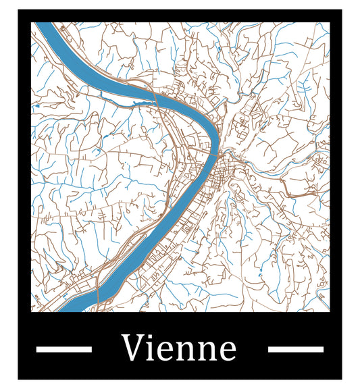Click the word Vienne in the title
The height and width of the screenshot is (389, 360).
coord(179,348)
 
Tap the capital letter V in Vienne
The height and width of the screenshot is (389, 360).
coord(132,348)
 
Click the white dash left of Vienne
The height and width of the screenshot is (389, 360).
coord(63,349)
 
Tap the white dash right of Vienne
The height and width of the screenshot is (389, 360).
coord(295,349)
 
